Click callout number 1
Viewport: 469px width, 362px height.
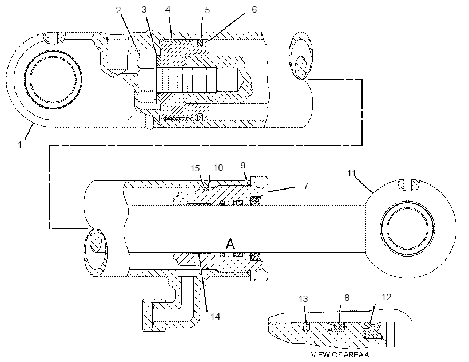(x=20, y=145)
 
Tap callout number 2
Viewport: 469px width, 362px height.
(x=118, y=10)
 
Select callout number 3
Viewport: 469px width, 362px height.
(x=144, y=10)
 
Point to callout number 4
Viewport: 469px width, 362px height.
(x=168, y=10)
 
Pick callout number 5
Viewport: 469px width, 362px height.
(x=207, y=10)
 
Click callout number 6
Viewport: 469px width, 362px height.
(x=254, y=10)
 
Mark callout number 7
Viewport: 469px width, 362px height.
(x=305, y=186)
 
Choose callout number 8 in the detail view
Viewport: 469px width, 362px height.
(x=347, y=298)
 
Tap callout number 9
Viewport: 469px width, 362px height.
(x=243, y=166)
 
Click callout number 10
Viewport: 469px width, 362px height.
(x=218, y=168)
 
